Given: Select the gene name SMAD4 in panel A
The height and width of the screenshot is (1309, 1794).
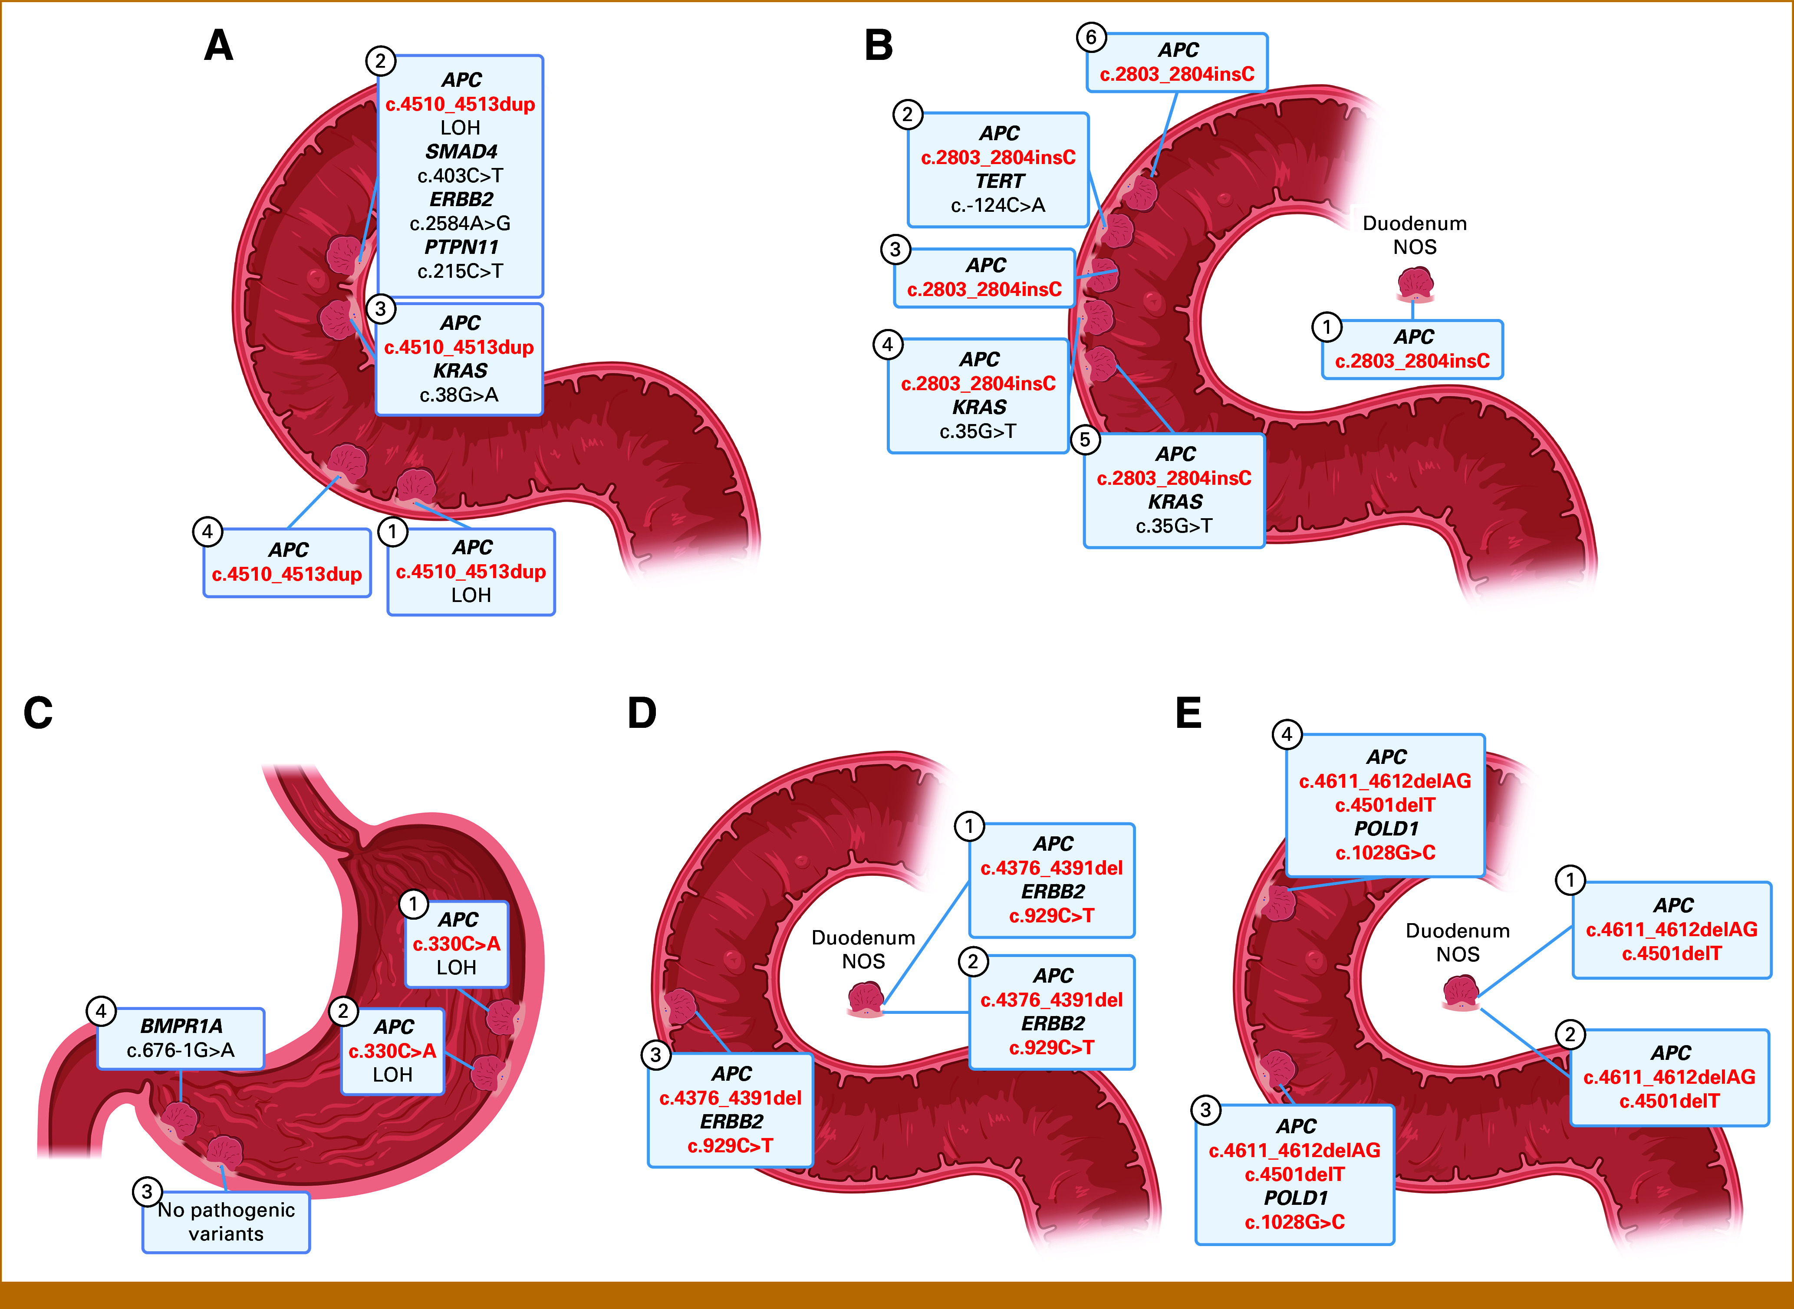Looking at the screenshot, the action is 461,151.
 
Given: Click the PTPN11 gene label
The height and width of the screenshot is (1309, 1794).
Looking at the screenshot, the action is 461,247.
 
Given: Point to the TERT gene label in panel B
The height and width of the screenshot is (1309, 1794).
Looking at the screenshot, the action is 999,181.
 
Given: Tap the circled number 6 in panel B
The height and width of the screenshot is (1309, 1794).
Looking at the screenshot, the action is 1091,37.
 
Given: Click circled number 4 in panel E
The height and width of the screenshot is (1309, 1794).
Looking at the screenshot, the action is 1287,734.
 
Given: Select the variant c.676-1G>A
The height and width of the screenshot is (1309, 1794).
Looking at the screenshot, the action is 181,1050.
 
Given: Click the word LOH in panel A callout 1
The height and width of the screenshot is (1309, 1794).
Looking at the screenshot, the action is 471,595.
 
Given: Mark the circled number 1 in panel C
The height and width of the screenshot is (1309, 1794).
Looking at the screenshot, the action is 413,903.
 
